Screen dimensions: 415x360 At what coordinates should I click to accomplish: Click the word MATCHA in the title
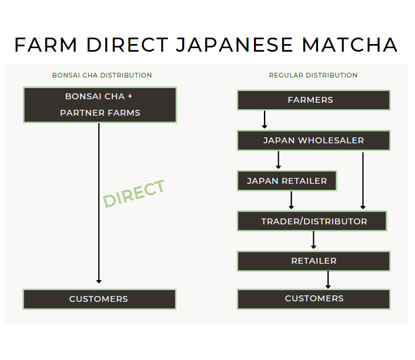click(x=350, y=45)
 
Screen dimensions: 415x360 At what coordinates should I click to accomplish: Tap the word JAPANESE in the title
click(x=234, y=45)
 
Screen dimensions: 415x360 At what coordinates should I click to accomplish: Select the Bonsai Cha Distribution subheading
click(x=102, y=75)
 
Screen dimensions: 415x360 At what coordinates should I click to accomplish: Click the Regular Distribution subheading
click(x=313, y=75)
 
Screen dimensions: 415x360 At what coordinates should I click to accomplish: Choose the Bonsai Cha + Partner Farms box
click(x=100, y=105)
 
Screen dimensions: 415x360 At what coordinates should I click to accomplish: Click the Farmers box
click(x=314, y=100)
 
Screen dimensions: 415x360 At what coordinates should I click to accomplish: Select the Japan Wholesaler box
click(x=314, y=140)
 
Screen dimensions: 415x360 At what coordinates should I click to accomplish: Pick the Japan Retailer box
click(x=287, y=181)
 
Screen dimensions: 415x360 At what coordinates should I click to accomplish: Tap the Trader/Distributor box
click(x=312, y=221)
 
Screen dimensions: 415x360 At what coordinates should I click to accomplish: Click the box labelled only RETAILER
click(x=314, y=261)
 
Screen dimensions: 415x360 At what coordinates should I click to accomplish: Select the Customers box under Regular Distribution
click(x=314, y=299)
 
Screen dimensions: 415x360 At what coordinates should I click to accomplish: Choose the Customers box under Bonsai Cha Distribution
click(x=99, y=299)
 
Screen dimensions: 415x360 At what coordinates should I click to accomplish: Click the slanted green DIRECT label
click(x=133, y=193)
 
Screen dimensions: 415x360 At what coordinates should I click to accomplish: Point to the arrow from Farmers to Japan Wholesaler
click(x=265, y=120)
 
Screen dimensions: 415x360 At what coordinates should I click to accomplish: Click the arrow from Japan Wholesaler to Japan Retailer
click(x=278, y=160)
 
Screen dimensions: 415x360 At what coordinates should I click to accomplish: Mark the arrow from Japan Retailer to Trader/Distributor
click(x=292, y=200)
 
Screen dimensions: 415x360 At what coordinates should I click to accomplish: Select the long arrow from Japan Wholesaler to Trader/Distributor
click(x=363, y=181)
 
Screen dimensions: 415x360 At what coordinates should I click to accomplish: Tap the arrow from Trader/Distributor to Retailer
click(x=314, y=240)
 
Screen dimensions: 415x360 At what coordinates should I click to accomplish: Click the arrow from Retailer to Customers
click(x=328, y=280)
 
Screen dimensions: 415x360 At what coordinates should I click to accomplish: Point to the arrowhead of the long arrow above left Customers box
click(x=99, y=281)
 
